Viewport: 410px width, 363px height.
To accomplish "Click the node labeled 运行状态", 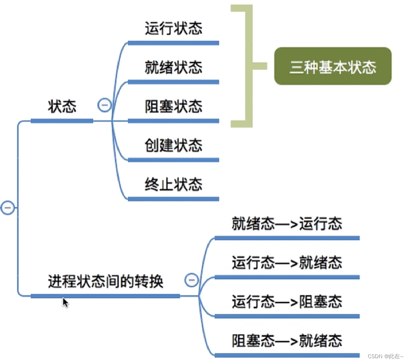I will point(173,29).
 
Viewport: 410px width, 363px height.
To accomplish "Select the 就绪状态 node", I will point(173,67).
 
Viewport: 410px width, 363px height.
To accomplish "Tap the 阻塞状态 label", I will point(173,106).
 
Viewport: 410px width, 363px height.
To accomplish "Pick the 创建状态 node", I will point(173,145).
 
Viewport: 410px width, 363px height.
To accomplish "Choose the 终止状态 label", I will point(173,185).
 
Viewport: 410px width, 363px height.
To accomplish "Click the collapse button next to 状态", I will point(104,105).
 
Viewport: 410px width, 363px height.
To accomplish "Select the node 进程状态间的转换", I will point(106,282).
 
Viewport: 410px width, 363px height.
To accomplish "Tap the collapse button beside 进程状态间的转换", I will point(191,280).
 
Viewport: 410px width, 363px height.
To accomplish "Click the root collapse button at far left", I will point(7,208).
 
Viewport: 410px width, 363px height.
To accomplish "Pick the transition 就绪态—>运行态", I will point(287,224).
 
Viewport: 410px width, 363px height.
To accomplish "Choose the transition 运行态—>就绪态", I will point(287,263).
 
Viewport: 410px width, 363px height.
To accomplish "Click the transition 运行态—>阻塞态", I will point(287,302).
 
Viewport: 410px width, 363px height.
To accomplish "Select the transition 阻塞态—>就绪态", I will point(287,340).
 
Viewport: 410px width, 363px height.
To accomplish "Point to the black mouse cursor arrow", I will point(65,302).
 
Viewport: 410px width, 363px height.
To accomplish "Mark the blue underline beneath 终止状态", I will point(173,199).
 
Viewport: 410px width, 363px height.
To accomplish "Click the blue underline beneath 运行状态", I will point(173,43).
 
